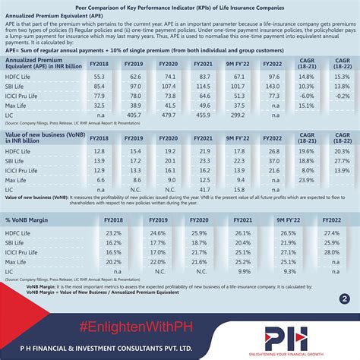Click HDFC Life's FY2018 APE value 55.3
99,77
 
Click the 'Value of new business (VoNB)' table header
38,139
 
